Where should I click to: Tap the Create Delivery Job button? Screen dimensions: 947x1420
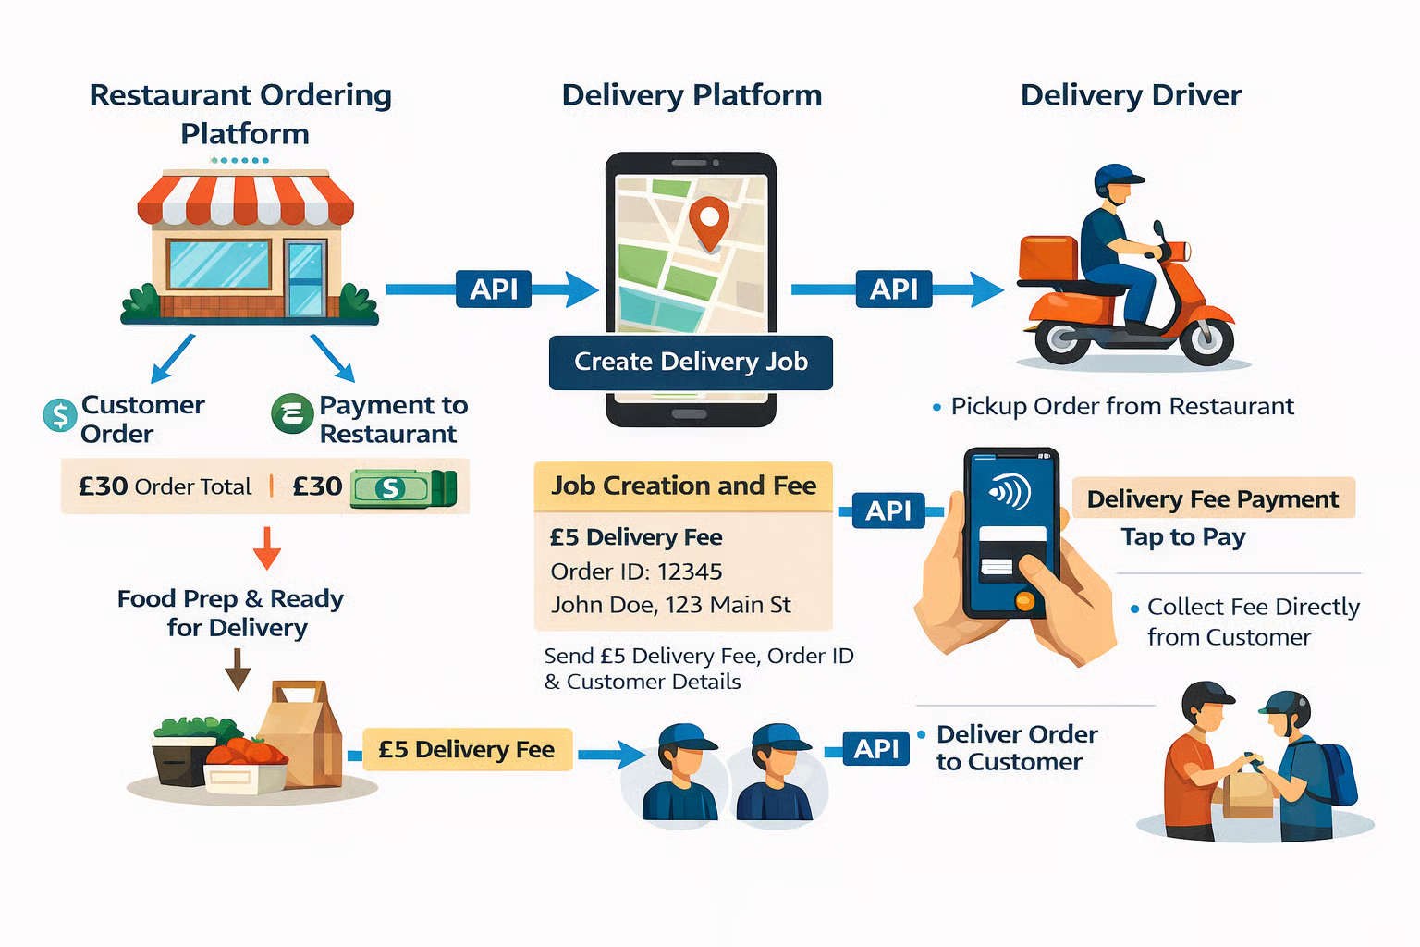pyautogui.click(x=691, y=362)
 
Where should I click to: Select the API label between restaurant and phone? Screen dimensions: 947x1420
pyautogui.click(x=494, y=289)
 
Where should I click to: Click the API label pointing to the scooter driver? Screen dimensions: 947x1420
pyautogui.click(x=893, y=289)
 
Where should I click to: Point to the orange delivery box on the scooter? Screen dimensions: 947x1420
pyautogui.click(x=1048, y=257)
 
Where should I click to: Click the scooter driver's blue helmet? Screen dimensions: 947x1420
pyautogui.click(x=1116, y=178)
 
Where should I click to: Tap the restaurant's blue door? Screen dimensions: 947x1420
pyautogui.click(x=305, y=277)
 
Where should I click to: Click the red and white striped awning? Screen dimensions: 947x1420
pyautogui.click(x=245, y=199)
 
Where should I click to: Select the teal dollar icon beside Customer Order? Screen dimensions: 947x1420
pyautogui.click(x=60, y=415)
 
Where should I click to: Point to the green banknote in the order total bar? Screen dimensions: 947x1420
pyautogui.click(x=403, y=488)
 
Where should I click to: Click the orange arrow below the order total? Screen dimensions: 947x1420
pyautogui.click(x=267, y=547)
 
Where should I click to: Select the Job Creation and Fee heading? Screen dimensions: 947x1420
pyautogui.click(x=683, y=486)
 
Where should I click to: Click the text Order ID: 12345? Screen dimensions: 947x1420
pyautogui.click(x=636, y=572)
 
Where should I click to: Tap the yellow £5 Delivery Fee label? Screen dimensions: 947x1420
pyautogui.click(x=466, y=749)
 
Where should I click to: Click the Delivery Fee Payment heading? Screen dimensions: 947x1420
pyautogui.click(x=1212, y=499)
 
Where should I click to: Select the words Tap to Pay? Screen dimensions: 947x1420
pyautogui.click(x=1183, y=537)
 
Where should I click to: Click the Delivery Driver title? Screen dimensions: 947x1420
pyautogui.click(x=1131, y=95)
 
